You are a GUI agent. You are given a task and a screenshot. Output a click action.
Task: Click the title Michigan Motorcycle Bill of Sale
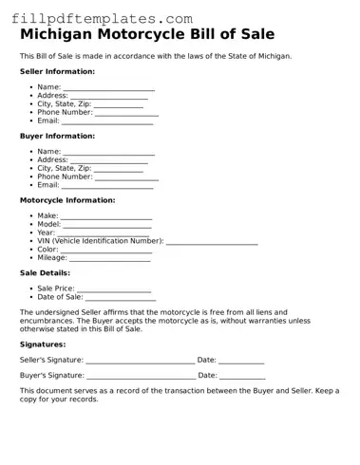147,34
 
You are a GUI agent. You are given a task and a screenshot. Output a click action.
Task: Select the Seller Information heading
57,71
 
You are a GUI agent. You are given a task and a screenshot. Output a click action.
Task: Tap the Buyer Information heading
57,136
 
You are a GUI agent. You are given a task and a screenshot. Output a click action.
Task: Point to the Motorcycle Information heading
67,200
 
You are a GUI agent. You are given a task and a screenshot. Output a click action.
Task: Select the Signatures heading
43,344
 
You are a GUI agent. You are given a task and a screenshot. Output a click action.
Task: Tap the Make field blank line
106,217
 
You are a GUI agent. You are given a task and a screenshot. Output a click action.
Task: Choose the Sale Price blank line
114,288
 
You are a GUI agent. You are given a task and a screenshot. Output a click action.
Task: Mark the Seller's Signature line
140,361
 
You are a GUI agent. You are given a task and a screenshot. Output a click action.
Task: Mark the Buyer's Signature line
141,376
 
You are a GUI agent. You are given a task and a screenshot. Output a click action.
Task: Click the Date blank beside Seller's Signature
242,361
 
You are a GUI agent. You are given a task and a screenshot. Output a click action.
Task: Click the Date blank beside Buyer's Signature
242,376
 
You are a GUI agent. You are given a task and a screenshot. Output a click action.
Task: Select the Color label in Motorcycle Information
47,249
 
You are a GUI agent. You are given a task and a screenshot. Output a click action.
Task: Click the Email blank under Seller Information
107,121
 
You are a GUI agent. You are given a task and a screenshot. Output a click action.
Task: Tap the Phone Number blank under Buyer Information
126,177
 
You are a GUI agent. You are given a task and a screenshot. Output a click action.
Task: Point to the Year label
46,232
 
